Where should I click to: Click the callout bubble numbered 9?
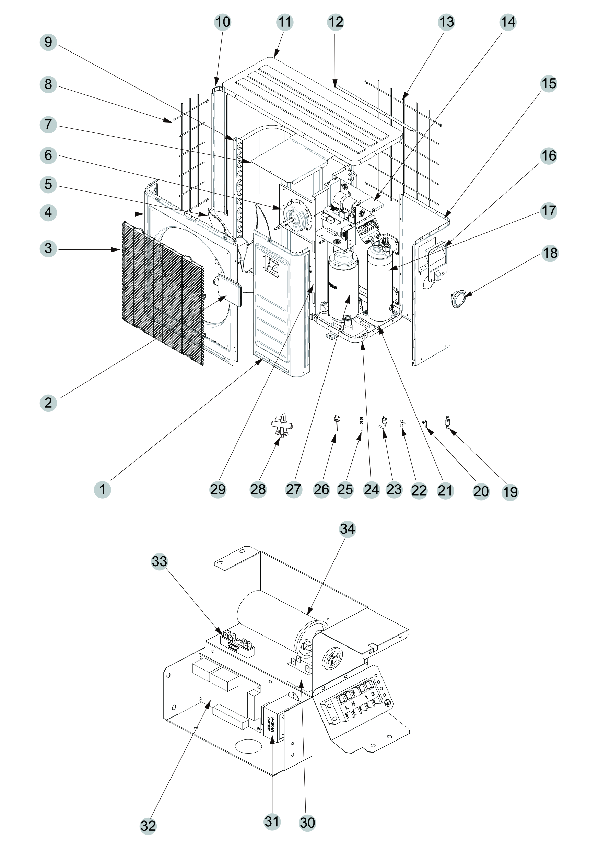pos(48,42)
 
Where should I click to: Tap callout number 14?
pos(508,22)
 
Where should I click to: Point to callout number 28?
pos(258,489)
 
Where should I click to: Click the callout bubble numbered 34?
pos(347,528)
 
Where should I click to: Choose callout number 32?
pos(148,826)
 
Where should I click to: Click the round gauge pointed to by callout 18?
pos(458,299)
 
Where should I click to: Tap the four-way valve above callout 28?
pos(282,424)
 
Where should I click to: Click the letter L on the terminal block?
pos(347,707)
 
